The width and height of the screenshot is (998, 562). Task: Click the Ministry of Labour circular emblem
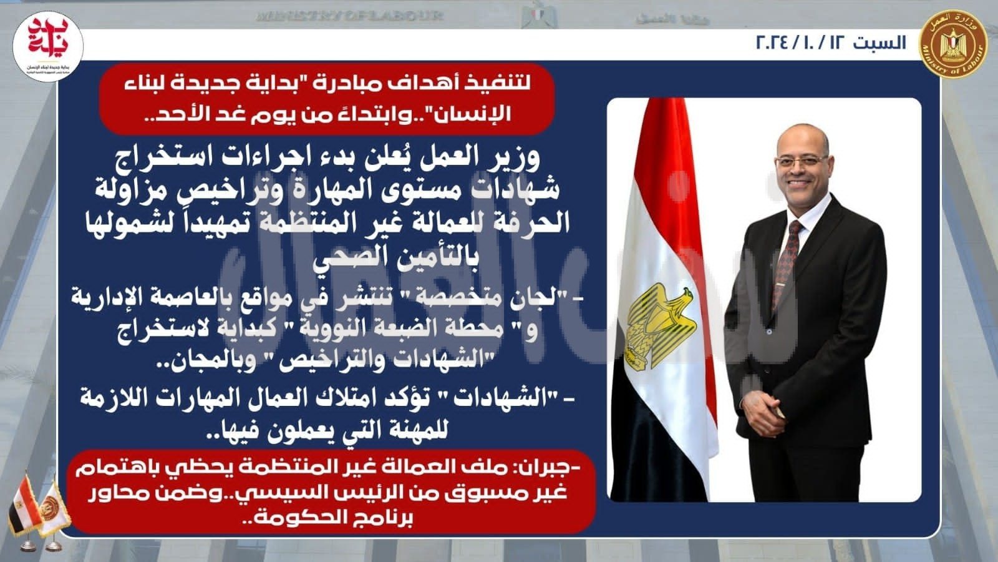953,44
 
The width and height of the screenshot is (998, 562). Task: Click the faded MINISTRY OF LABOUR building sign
349,16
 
